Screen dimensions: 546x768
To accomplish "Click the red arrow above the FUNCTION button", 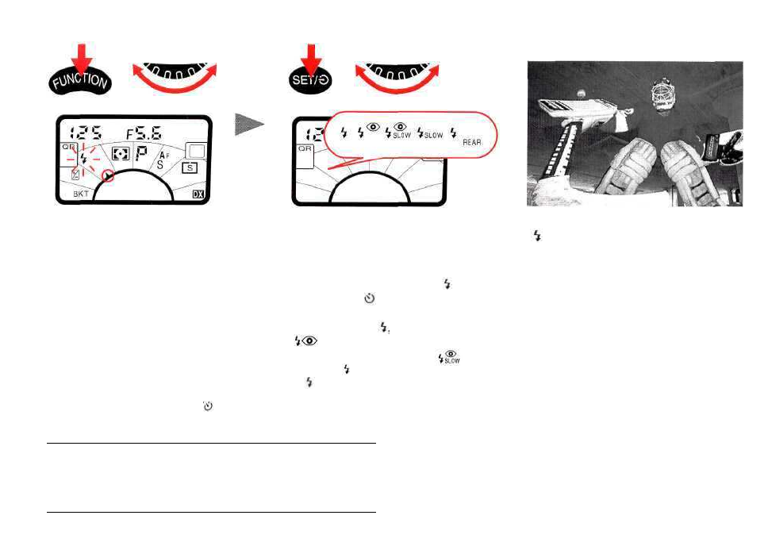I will (83, 58).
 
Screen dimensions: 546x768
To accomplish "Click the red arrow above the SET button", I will (306, 58).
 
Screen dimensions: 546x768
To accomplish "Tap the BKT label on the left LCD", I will (82, 194).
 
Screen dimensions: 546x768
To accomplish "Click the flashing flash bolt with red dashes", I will (84, 158).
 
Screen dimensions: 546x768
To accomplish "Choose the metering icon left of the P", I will (120, 156).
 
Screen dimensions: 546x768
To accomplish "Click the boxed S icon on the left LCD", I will (189, 167).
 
